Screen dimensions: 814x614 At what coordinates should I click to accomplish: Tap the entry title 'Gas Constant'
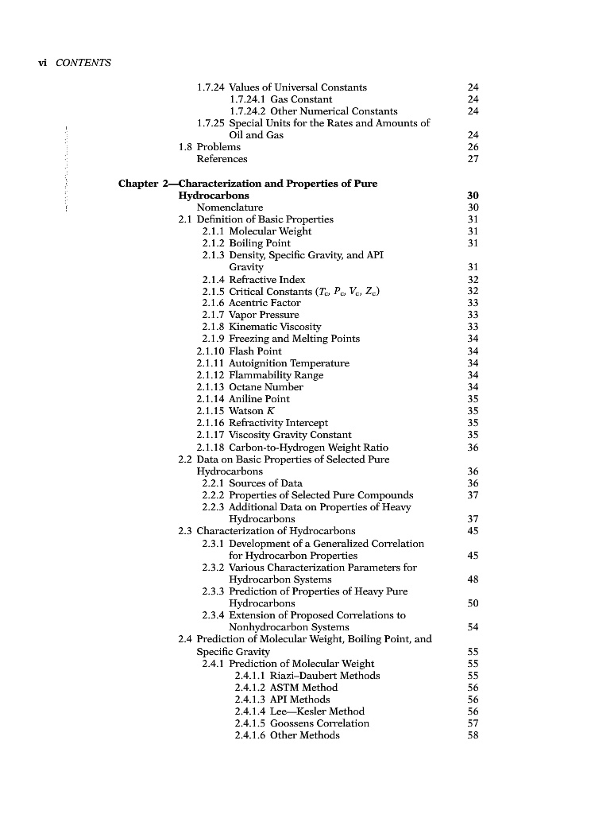pyautogui.click(x=301, y=99)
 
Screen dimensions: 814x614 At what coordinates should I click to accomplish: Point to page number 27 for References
pyautogui.click(x=473, y=159)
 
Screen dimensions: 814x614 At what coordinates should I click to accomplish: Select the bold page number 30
pyautogui.click(x=473, y=196)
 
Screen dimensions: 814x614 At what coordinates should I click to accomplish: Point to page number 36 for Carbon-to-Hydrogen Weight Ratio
pyautogui.click(x=473, y=448)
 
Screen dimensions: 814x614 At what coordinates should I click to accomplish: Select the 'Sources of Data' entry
pyautogui.click(x=265, y=483)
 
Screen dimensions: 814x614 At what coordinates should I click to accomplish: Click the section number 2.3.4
pyautogui.click(x=214, y=615)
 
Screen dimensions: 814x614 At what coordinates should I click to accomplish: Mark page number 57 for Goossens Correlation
pyautogui.click(x=473, y=723)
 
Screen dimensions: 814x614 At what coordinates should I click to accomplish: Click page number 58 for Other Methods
pyautogui.click(x=473, y=735)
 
